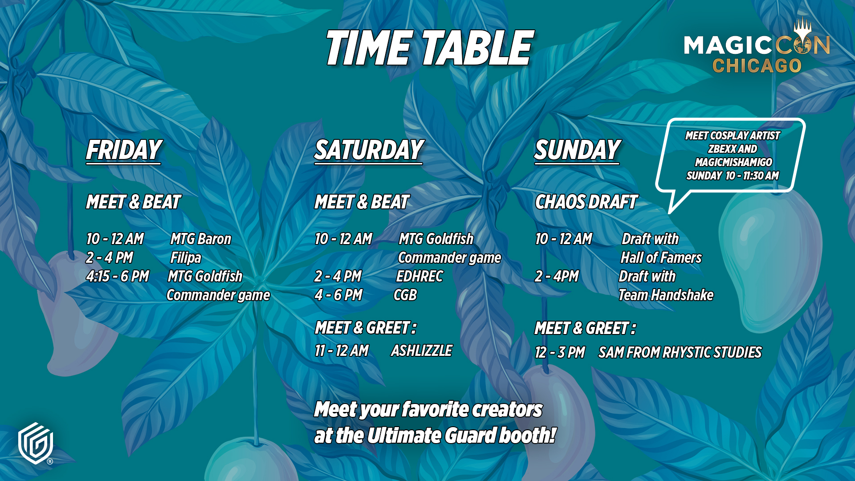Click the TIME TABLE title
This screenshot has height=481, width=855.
point(429,48)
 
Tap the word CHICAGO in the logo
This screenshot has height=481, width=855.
point(757,66)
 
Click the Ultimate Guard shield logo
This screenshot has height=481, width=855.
point(36,443)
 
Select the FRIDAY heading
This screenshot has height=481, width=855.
point(124,150)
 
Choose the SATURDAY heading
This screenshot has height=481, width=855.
point(369,150)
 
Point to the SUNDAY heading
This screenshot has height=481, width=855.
point(577,150)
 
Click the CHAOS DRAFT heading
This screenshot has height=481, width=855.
point(586,202)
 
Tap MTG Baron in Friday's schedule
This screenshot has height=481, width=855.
point(201,239)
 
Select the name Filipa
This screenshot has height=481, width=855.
point(186,258)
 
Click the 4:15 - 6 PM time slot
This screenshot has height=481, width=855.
point(118,277)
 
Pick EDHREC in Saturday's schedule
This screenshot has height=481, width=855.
point(419,277)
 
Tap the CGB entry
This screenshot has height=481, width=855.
point(405,295)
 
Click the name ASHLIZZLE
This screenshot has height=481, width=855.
point(421,351)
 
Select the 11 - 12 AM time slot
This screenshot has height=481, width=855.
point(342,351)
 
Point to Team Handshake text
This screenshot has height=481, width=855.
point(666,295)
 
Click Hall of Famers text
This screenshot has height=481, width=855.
point(661,258)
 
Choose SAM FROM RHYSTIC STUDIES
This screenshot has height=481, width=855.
point(680,353)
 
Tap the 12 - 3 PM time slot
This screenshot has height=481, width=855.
point(560,353)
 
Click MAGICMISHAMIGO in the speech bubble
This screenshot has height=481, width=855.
point(733,162)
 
